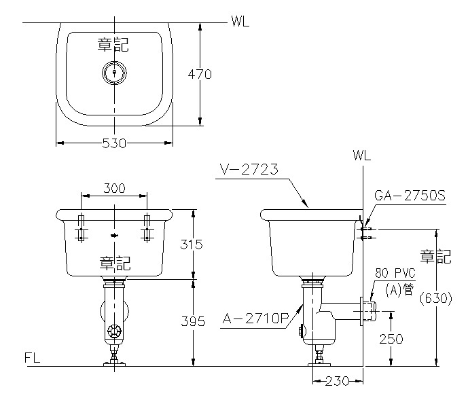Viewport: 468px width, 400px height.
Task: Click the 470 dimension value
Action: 200,74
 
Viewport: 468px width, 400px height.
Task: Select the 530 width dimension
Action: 114,143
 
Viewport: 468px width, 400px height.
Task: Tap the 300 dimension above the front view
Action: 114,188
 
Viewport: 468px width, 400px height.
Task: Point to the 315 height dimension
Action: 192,244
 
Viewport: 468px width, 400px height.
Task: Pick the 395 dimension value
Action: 193,321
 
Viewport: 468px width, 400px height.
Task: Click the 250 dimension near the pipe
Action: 391,339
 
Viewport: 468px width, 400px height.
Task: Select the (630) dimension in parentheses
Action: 436,299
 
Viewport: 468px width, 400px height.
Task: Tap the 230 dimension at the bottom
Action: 338,381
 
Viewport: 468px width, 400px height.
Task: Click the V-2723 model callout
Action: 249,169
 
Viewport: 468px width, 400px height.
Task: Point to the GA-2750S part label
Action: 410,196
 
